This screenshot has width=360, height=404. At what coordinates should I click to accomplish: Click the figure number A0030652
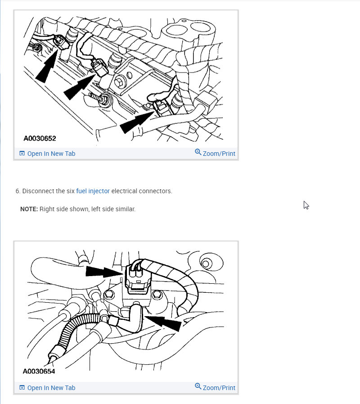coord(40,138)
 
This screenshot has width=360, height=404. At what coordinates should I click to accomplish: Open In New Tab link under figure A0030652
coord(51,154)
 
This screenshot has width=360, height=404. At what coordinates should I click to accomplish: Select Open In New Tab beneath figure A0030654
coord(51,388)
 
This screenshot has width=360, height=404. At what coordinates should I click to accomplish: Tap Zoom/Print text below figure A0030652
coord(219,154)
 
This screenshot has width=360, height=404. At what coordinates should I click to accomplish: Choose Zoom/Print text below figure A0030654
coord(219,388)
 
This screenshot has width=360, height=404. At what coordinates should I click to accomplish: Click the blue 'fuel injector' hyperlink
coord(93,191)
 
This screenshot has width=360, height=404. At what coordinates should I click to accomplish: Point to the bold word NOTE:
coord(29,209)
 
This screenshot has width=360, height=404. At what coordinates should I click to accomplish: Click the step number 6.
coord(18,191)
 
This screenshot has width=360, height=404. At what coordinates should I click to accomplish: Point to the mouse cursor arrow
coord(306,205)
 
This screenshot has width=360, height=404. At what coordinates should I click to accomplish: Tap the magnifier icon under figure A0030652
coord(198,152)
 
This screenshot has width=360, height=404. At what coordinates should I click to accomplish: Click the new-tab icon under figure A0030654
coord(22,388)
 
